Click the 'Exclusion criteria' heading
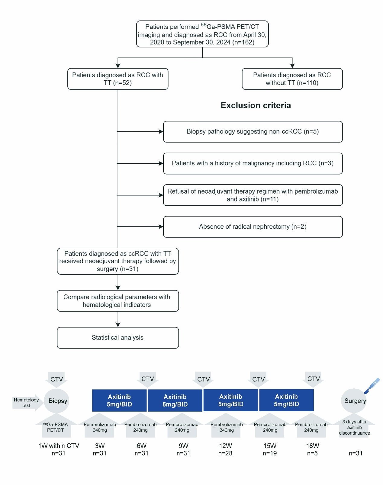tap(256, 105)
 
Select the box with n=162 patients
tap(202, 34)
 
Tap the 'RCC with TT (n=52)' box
tap(118, 79)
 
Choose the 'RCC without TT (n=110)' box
tap(292, 79)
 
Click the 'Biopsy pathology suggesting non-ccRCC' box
tap(253, 132)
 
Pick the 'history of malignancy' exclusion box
tap(253, 163)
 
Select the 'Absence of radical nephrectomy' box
tap(253, 227)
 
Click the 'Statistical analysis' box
tap(118, 338)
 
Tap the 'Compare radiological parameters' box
tap(118, 301)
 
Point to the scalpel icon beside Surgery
tap(372, 386)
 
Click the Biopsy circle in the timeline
tap(56, 401)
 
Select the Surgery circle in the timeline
tap(354, 401)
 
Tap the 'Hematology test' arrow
tap(27, 403)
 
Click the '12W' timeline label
tap(225, 445)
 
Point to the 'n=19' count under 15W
tap(270, 453)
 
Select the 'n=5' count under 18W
tap(312, 453)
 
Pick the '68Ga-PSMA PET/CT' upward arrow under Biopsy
tap(56, 426)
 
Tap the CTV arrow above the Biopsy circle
tap(56, 380)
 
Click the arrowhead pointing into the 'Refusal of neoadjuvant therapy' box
tap(161, 195)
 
